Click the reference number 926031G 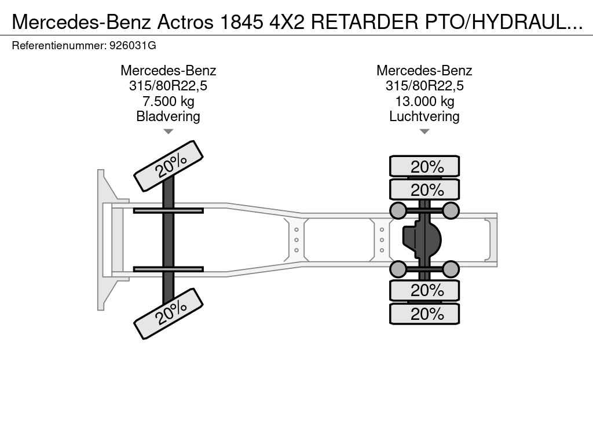coord(133,46)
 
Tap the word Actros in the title coord(185,22)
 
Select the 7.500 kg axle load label coord(169,101)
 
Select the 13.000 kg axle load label coord(424,101)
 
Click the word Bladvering coord(169,116)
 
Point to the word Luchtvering coord(424,116)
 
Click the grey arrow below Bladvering coord(169,132)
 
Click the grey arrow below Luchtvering coord(424,132)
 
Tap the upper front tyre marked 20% coord(169,166)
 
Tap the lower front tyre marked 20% coord(169,313)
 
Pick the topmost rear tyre coord(424,166)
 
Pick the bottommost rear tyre coord(424,313)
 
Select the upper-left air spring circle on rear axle coord(398,210)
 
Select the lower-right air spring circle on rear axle coord(451,269)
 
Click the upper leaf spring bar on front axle coord(169,210)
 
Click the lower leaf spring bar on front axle coord(169,269)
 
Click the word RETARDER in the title coord(365,22)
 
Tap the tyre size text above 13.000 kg coord(424,86)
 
